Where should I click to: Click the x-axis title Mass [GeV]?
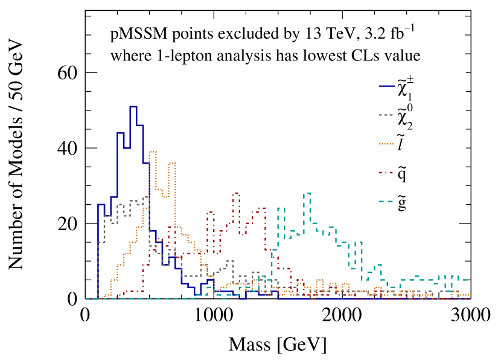tap(278, 345)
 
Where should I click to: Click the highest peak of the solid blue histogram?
tap(133, 106)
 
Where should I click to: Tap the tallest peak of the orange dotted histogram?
tap(152, 152)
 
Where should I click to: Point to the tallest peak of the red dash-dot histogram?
tap(236, 193)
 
